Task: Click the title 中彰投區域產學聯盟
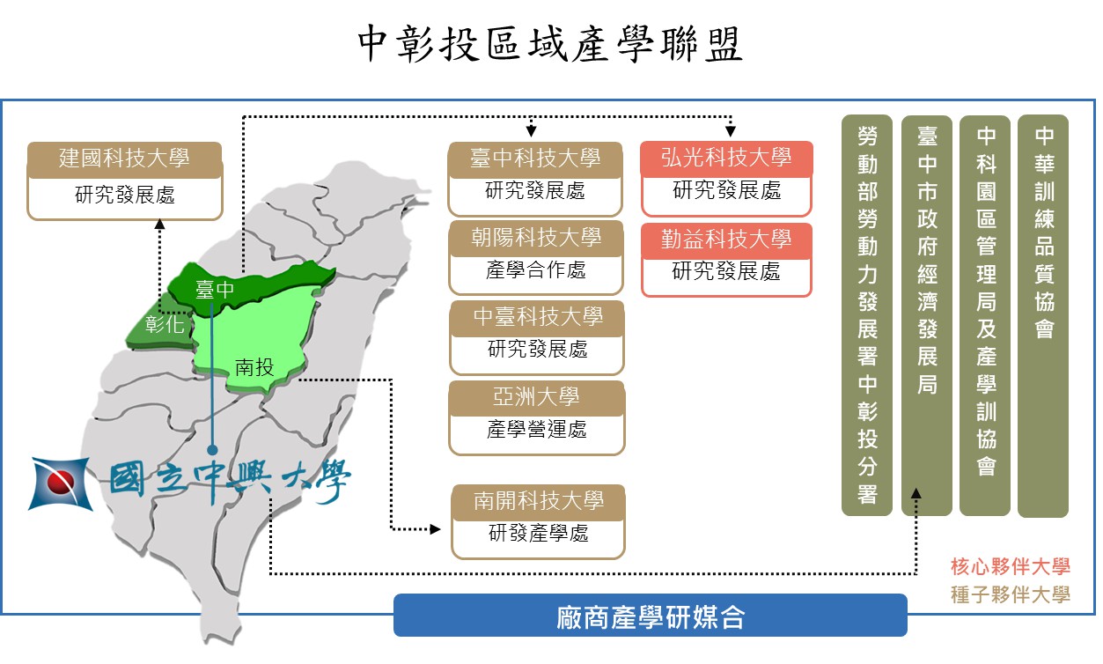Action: click(549, 44)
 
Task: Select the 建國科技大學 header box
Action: click(125, 159)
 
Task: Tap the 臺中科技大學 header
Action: click(535, 159)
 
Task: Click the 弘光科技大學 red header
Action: click(726, 159)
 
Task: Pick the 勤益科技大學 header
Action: click(726, 240)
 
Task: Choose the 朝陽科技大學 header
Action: click(536, 239)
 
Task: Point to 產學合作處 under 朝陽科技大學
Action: click(536, 270)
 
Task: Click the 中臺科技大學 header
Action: click(538, 318)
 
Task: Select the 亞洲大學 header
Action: click(537, 398)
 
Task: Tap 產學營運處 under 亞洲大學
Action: click(537, 430)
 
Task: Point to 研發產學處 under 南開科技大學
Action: click(539, 534)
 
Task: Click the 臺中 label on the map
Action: click(215, 290)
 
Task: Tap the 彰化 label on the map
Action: click(165, 324)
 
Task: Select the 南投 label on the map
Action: click(254, 367)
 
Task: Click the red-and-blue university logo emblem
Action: click(60, 483)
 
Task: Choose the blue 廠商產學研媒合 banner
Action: click(650, 616)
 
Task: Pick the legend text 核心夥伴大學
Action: click(1011, 567)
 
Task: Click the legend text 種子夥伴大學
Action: click(1011, 595)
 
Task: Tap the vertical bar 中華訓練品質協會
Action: click(1043, 316)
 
